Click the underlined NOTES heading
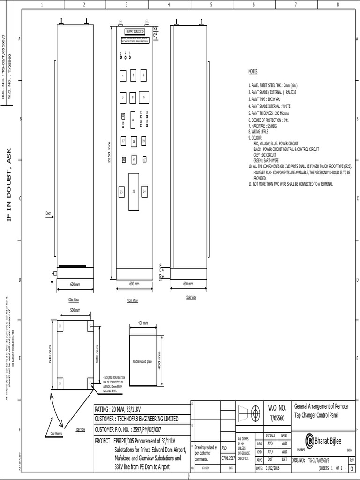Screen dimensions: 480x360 253,72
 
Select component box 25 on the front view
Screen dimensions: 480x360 134,192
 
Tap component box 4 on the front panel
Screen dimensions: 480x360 123,75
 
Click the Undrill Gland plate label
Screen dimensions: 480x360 142,361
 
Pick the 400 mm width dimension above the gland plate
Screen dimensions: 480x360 142,323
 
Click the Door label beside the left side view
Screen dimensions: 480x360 48,213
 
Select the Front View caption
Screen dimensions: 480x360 132,300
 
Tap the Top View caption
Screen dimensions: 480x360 80,429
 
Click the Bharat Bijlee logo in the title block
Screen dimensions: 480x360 310,440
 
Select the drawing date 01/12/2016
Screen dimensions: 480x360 275,468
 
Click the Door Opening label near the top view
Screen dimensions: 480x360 56,434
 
